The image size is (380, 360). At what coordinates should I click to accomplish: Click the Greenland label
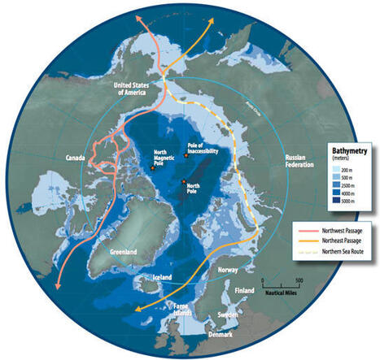[x=111, y=251]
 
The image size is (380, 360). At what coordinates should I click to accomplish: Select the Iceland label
[x=163, y=277]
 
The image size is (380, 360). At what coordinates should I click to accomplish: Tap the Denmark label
[x=216, y=335]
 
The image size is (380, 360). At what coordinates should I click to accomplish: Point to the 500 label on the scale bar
[x=299, y=281]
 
